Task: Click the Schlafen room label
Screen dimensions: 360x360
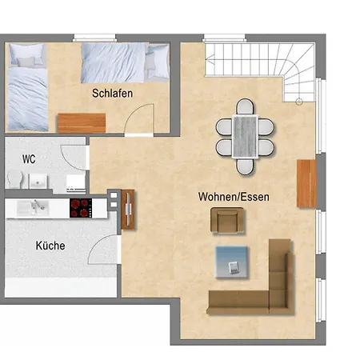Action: point(112,94)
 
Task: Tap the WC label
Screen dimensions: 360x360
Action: point(29,159)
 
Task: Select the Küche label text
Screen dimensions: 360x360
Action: point(50,246)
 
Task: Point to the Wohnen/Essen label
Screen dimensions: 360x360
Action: point(234,197)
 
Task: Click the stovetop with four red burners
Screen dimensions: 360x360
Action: point(81,208)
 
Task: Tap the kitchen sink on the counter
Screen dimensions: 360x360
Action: point(33,208)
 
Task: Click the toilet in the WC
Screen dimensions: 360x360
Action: point(15,178)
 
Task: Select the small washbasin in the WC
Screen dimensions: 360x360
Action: point(38,181)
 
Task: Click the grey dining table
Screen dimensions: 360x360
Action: point(245,137)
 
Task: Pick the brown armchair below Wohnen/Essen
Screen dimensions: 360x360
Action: point(227,220)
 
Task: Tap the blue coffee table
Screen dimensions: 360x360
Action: point(231,262)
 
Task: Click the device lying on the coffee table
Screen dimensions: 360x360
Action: point(234,267)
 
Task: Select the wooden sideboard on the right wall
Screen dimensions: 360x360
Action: point(306,183)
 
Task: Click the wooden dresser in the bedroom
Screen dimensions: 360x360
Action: point(82,122)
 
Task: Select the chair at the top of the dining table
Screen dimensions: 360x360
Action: point(246,106)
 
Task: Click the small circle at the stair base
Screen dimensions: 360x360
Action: point(299,102)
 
